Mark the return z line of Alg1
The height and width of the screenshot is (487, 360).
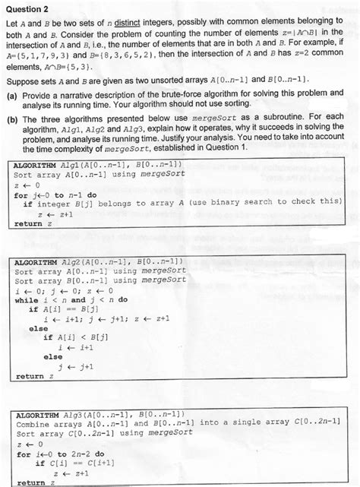pyautogui.click(x=28, y=223)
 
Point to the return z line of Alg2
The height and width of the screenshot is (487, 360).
pyautogui.click(x=28, y=375)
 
